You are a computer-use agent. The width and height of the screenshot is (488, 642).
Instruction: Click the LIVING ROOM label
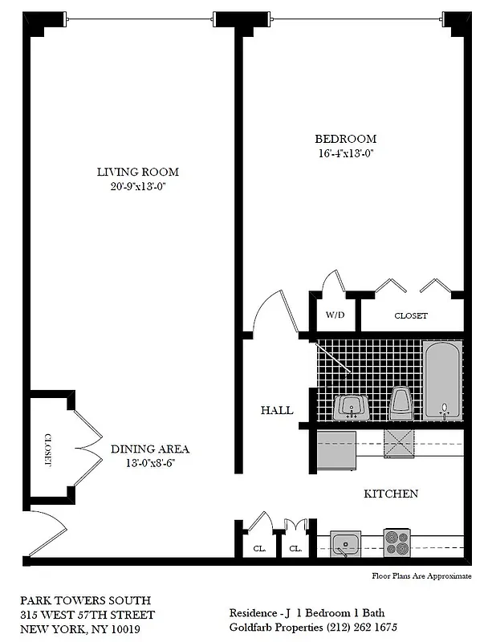pos(137,172)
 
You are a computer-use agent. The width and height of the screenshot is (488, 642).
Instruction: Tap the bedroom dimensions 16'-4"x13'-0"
pos(346,152)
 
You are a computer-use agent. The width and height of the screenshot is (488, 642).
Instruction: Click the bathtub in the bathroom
pos(442,379)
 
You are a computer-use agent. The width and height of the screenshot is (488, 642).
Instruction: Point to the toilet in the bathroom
pos(400,403)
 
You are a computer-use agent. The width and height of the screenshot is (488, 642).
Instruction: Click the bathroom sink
pos(351,407)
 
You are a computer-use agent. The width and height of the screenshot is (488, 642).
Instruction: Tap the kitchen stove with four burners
pos(397,543)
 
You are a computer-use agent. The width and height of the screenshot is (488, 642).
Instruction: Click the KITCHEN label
pos(391,494)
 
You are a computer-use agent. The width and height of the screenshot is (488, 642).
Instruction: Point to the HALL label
pos(276,410)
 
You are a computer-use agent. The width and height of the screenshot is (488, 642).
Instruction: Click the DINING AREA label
pos(150,449)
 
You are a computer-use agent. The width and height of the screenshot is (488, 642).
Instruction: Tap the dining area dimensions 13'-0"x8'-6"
pos(150,464)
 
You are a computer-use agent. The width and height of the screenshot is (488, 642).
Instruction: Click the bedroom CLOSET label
pos(410,315)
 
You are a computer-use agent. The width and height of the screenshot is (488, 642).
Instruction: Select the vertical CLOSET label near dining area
pos(47,450)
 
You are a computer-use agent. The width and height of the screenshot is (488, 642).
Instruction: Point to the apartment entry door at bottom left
pos(47,534)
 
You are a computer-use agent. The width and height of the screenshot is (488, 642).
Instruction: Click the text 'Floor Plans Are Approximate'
pos(421,575)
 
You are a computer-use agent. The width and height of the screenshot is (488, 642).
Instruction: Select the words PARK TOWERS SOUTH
pos(86,599)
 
